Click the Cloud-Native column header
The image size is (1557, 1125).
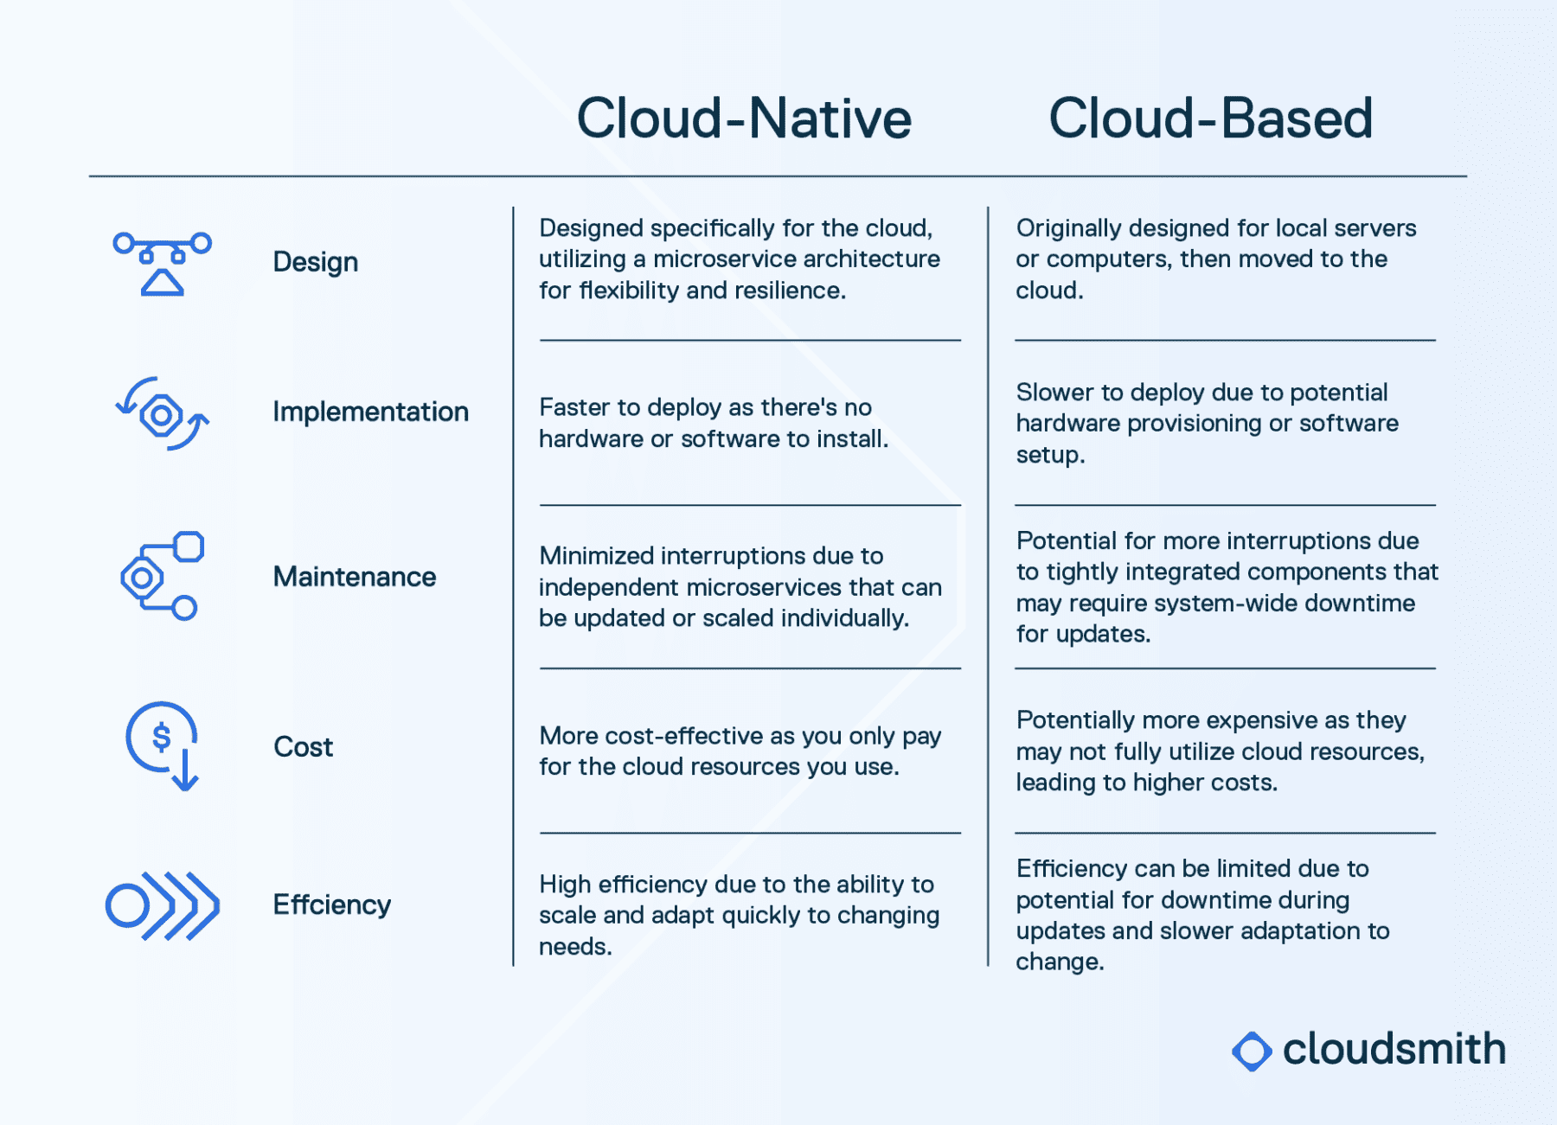744,118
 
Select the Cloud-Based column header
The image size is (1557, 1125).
1210,118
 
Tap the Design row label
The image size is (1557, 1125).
315,262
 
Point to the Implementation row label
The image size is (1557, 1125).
370,412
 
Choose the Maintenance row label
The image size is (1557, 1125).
355,577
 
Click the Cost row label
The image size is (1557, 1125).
303,746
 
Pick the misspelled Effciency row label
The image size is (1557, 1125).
332,904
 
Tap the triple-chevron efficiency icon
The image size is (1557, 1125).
163,905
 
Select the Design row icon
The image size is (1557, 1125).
163,263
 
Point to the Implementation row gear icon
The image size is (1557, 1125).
163,414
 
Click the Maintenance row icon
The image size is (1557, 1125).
163,576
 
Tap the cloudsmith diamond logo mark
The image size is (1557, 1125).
1252,1051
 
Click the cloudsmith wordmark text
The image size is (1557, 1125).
1394,1049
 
